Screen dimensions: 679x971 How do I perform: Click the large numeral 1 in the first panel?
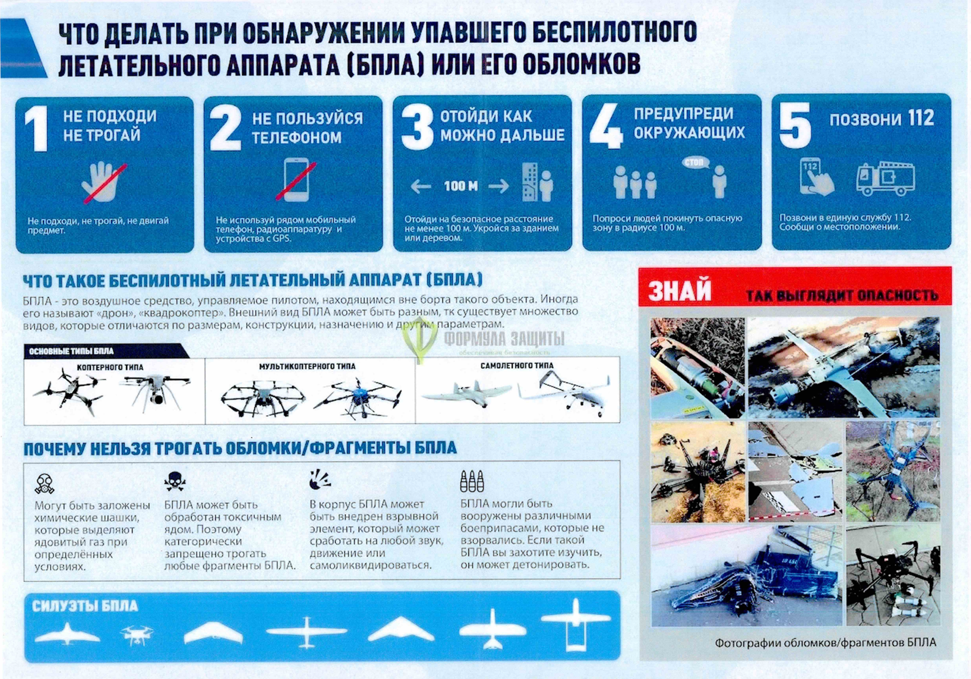[37, 129]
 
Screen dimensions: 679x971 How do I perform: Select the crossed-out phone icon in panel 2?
[296, 180]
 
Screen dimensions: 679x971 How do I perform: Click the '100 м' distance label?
[460, 186]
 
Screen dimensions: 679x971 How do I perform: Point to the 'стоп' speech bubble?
[695, 163]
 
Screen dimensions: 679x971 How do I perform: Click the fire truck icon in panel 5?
[885, 179]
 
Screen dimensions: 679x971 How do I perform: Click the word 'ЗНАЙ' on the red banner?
[680, 290]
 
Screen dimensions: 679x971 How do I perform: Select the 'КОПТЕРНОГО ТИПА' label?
[110, 367]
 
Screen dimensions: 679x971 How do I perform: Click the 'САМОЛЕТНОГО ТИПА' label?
[517, 366]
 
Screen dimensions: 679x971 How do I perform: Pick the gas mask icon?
[45, 483]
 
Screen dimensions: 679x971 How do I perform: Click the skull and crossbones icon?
[175, 481]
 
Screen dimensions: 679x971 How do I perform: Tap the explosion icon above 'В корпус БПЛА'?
[320, 480]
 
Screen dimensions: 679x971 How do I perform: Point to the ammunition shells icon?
[472, 480]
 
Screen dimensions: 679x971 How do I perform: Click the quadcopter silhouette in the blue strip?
[136, 635]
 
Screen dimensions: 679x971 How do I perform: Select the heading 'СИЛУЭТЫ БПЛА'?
[85, 606]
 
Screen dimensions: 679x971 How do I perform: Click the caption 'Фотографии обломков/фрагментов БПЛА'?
[825, 643]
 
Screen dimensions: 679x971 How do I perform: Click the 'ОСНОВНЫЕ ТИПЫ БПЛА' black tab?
[72, 351]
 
